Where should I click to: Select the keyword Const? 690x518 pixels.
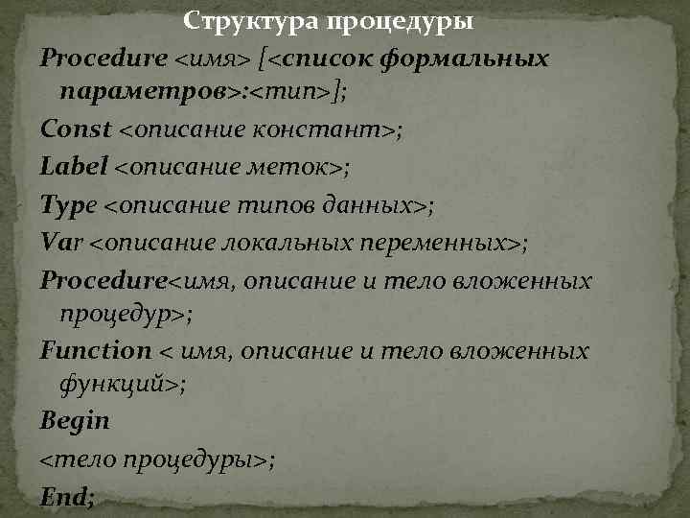point(76,129)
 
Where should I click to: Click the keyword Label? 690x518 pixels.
point(74,167)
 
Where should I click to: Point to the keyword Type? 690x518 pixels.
point(68,205)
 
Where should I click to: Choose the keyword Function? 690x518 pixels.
point(96,351)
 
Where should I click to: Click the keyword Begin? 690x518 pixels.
point(75,420)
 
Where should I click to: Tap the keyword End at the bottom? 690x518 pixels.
point(64,497)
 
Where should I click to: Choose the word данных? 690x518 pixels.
point(379,205)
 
